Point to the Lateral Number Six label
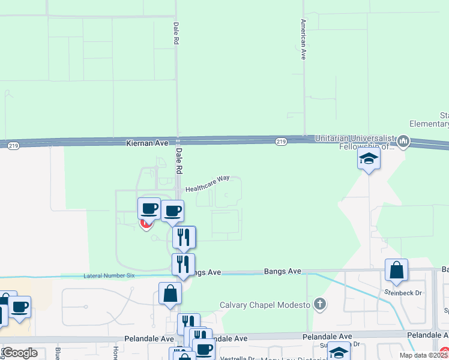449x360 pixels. pyautogui.click(x=109, y=275)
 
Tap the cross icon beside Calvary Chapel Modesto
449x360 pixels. pyautogui.click(x=321, y=304)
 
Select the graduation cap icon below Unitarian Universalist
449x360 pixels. pyautogui.click(x=369, y=159)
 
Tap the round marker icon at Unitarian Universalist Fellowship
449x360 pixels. pyautogui.click(x=403, y=142)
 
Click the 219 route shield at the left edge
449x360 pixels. pyautogui.click(x=13, y=145)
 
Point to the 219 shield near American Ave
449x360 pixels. pyautogui.click(x=280, y=141)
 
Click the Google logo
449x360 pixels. pyautogui.click(x=19, y=353)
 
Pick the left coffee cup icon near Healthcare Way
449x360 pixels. pyautogui.click(x=149, y=209)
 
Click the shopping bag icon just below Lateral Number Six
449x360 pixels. pyautogui.click(x=170, y=293)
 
